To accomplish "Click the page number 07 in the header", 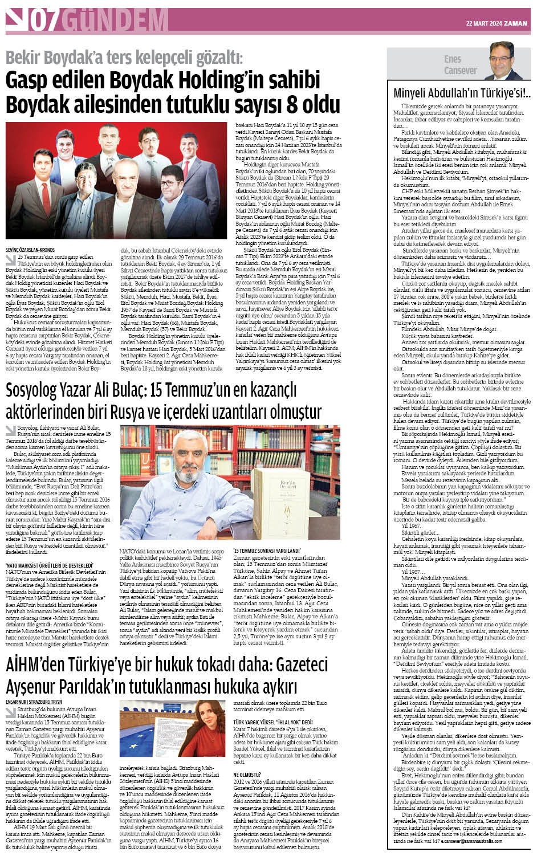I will [44, 21].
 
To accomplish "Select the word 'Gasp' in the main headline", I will [27, 81].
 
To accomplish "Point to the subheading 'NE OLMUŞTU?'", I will [247, 775].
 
